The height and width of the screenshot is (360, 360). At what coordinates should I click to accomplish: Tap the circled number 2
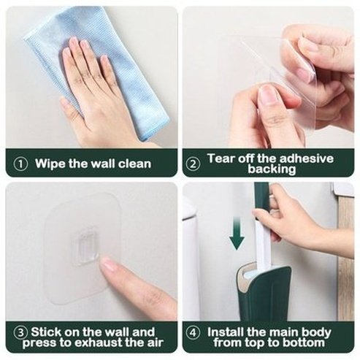click(194, 164)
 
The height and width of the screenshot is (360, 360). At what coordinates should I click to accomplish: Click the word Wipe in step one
click(50, 164)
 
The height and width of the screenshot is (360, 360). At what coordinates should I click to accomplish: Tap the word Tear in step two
click(221, 158)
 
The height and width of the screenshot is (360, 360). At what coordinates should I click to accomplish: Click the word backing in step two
click(270, 169)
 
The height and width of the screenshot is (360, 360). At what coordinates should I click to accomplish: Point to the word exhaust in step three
click(101, 342)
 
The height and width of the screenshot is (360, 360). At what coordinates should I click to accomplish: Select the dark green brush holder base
click(265, 296)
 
